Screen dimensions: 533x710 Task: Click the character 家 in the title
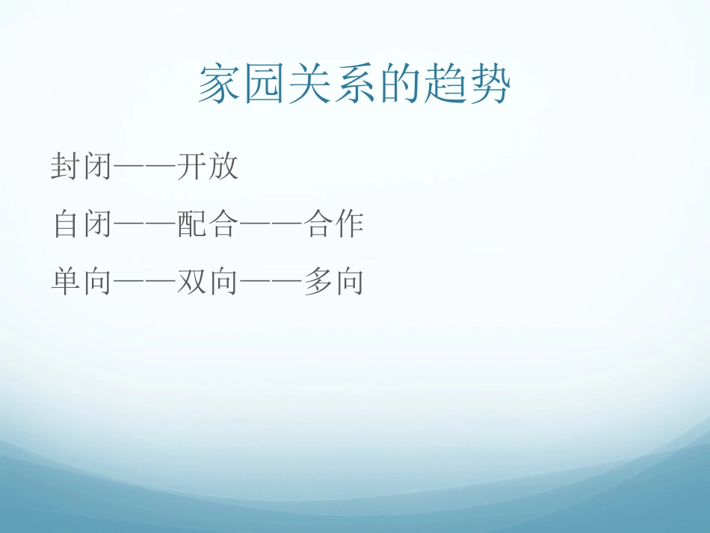(x=220, y=84)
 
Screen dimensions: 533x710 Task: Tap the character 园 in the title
(x=264, y=84)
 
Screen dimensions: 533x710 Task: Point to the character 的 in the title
(x=400, y=84)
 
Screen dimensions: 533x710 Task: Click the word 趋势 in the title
(x=467, y=84)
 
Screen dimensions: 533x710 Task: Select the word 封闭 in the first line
(x=81, y=166)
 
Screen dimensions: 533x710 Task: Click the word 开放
(x=209, y=166)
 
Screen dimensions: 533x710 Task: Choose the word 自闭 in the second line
(x=81, y=224)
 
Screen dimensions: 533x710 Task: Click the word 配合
(x=209, y=224)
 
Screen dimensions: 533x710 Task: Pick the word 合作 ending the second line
(x=334, y=224)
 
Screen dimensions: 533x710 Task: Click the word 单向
(x=81, y=282)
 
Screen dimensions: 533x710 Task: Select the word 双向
(x=209, y=282)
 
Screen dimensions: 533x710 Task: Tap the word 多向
(x=334, y=282)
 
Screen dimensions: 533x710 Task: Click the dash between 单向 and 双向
(x=144, y=283)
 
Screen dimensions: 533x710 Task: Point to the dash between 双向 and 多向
(x=271, y=283)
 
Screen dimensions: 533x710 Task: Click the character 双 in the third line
(x=193, y=282)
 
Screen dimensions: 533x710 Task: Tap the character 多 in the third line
(x=319, y=282)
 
